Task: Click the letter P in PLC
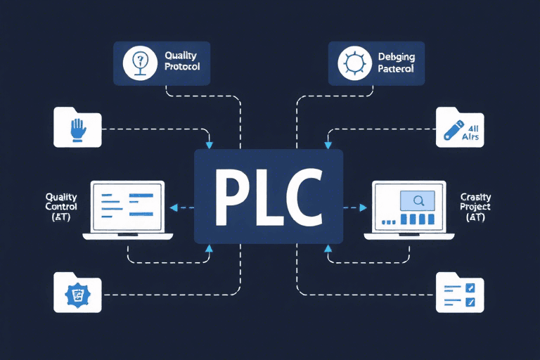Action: pyautogui.click(x=231, y=195)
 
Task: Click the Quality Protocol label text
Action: pyautogui.click(x=182, y=61)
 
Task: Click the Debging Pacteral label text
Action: pyautogui.click(x=395, y=61)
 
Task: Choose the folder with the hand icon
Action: pyautogui.click(x=77, y=128)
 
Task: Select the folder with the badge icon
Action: pyautogui.click(x=77, y=293)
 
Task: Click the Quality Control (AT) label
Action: pyautogui.click(x=61, y=207)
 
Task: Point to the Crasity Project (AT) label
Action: pyautogui.click(x=475, y=207)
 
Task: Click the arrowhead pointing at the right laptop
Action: pyautogui.click(x=363, y=207)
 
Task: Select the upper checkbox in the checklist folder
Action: pyautogui.click(x=471, y=288)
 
